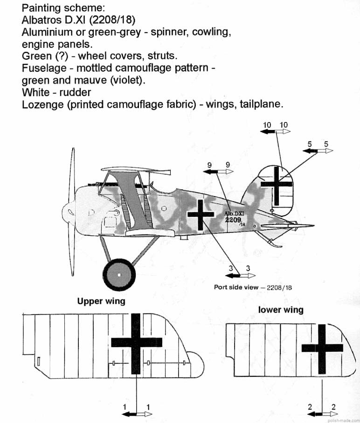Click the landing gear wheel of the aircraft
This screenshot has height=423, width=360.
point(119,275)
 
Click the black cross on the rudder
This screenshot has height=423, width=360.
point(277,185)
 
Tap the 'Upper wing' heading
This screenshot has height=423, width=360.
point(101,301)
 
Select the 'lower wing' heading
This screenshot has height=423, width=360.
point(281,309)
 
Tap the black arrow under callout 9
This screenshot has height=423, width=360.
point(212,172)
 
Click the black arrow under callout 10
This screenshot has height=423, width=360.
point(267,132)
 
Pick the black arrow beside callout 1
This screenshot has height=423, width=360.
point(130,414)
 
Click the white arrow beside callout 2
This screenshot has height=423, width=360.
point(329,414)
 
